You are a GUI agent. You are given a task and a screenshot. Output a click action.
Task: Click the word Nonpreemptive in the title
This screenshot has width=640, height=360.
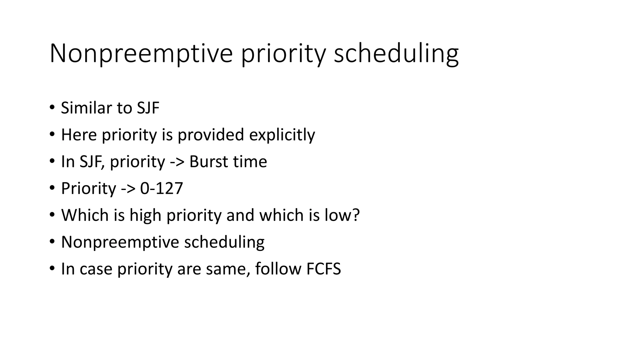point(141,53)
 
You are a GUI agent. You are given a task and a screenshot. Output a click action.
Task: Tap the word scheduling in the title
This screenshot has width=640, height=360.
point(396,53)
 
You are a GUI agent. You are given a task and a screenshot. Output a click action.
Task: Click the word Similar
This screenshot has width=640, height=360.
point(86,108)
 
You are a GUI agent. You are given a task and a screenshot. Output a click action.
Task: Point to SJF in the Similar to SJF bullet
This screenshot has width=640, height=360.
point(148,108)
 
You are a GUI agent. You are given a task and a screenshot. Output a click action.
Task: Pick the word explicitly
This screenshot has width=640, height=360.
point(282,135)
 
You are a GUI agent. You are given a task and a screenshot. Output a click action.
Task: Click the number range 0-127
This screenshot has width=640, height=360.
point(161,188)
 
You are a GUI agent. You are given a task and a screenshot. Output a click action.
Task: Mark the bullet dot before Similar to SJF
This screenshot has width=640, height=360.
point(52,108)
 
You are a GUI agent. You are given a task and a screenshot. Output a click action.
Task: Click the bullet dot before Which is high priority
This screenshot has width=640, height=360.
point(52,215)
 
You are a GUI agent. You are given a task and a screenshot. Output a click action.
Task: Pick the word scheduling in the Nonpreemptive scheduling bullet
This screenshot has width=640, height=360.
point(224,242)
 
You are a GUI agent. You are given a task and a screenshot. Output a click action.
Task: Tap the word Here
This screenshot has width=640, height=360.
point(79,135)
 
